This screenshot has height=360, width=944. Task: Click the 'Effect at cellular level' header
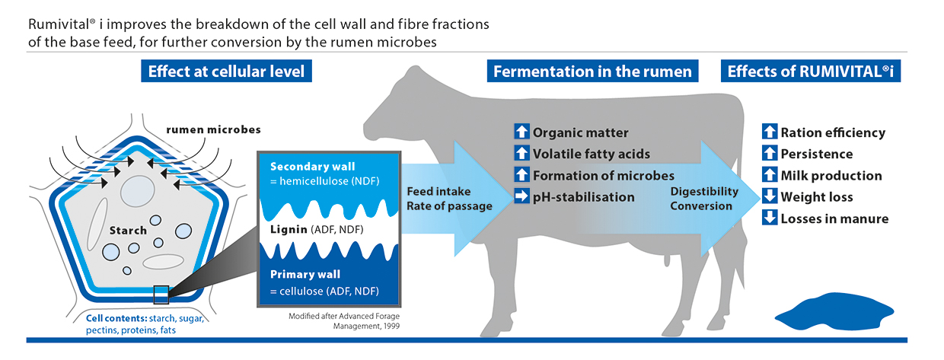pos(226,71)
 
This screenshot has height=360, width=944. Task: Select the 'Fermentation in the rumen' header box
pos(592,71)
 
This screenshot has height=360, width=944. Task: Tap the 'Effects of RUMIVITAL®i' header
pos(811,71)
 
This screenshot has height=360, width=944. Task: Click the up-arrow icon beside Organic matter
pos(521,132)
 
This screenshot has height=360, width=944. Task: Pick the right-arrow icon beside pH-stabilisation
pos(521,196)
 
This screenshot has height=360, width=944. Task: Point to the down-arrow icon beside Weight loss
pos(770,196)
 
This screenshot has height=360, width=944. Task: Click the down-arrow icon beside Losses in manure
pos(770,218)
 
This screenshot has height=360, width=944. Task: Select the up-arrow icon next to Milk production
pos(770,174)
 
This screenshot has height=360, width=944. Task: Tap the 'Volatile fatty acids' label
pos(592,154)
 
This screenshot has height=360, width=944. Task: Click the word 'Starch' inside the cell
pos(128,231)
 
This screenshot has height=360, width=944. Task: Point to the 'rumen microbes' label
pos(213,129)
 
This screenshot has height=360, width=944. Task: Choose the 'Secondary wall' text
pos(312,167)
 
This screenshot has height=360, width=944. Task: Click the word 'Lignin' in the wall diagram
pos(289,229)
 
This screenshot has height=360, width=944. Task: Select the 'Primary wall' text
pos(305,275)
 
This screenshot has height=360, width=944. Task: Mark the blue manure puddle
pos(834,311)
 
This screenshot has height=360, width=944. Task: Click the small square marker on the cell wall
pos(161,295)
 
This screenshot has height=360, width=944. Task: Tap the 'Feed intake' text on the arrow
pos(439,191)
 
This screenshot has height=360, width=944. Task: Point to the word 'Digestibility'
pos(704,191)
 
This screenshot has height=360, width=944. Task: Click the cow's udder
pos(667,258)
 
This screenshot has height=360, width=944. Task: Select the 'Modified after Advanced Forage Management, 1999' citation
pos(344,320)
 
